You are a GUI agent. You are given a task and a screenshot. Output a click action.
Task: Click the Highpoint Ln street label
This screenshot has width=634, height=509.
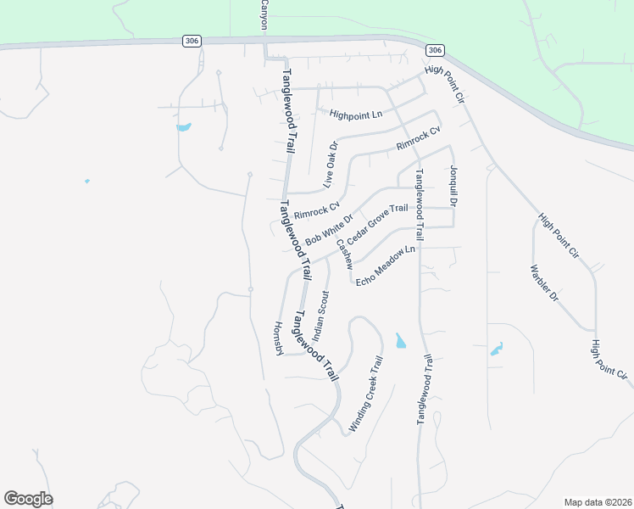coord(356,114)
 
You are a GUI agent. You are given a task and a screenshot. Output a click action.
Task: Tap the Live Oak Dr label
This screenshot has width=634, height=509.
coord(330,165)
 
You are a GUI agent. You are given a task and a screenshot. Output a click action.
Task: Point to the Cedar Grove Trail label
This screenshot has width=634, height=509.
coord(377,220)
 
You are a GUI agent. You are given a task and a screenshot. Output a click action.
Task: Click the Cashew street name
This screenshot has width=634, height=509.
coord(343,254)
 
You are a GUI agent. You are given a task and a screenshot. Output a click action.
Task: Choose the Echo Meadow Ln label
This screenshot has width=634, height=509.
coord(386,265)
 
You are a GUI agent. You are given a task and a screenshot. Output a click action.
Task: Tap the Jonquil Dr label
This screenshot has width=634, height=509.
coord(453,187)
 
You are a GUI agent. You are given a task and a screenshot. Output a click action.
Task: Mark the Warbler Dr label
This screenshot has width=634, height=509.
coord(545,285)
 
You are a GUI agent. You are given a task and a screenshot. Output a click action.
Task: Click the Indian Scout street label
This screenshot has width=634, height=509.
coord(320,314)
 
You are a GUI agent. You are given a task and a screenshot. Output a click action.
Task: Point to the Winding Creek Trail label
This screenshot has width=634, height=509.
coord(366,396)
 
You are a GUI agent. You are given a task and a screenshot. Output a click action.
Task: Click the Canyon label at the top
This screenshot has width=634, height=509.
coord(264,15)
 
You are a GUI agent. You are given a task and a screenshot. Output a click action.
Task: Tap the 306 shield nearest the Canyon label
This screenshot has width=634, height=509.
coord(192,41)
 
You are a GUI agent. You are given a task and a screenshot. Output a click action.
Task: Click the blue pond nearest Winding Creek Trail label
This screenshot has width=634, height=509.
coord(400,341)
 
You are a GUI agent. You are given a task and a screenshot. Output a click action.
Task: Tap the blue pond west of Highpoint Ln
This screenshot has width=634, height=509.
coord(183,128)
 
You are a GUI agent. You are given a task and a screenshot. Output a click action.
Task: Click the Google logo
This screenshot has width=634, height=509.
coord(28,499)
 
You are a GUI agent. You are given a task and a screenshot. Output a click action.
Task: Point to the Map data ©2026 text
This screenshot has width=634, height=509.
coord(598,501)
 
